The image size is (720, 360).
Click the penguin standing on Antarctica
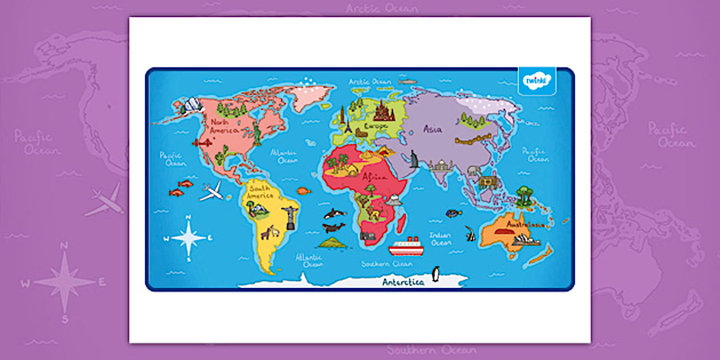pos(436,274)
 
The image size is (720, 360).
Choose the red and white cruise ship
pos(406,247)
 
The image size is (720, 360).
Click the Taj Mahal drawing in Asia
pos(441,166)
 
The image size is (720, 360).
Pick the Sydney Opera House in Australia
pos(526,241)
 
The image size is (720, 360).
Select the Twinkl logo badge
pos(537,81)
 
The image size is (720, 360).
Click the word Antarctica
pos(403,282)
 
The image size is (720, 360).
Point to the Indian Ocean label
pos(441,239)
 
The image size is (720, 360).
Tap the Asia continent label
pos(432,129)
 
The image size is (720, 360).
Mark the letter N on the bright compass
pos(189,218)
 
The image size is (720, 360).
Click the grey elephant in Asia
pos(474,170)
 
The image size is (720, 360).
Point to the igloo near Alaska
pos(193,104)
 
